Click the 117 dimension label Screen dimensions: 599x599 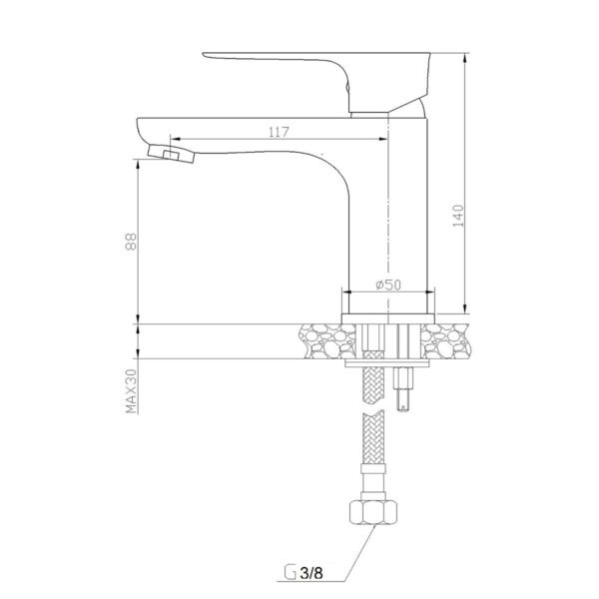pos(279,132)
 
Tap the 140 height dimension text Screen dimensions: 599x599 pos(457,216)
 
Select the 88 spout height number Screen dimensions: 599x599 pos(131,242)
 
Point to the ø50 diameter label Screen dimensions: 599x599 pos(388,285)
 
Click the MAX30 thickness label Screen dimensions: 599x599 pos(131,390)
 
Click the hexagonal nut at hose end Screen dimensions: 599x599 pos(373,512)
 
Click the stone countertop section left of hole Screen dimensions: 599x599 pos(327,341)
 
